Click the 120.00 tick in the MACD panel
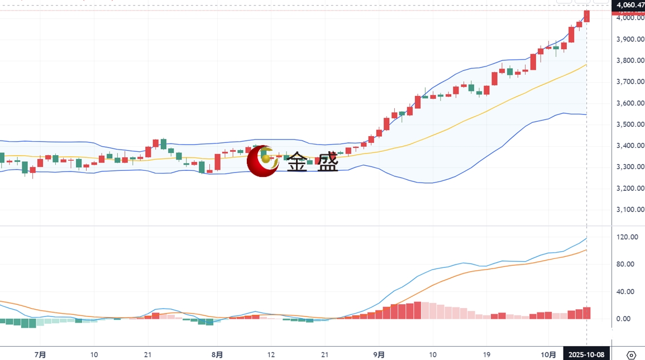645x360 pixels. [627, 237]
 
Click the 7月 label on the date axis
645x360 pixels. [40, 354]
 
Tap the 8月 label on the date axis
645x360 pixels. [217, 354]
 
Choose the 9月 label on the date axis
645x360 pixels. [379, 354]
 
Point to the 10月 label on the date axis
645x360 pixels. [549, 354]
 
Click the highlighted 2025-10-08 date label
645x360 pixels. [586, 354]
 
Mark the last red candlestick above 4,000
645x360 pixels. [586, 16]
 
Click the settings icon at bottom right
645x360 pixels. [632, 355]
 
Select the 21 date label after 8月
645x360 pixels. [324, 354]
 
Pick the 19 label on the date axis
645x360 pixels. [486, 354]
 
